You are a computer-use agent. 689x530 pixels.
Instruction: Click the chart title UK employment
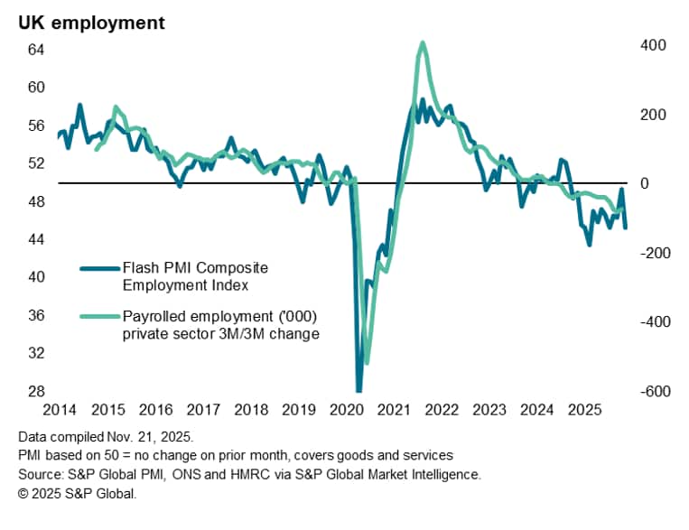pos(92,23)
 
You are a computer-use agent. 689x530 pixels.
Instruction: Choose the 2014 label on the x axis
pos(58,409)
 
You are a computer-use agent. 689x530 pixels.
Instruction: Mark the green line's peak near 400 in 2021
pos(423,42)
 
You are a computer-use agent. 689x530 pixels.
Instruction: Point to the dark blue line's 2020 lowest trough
pos(358,390)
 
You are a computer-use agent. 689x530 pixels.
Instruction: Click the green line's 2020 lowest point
pos(367,364)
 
